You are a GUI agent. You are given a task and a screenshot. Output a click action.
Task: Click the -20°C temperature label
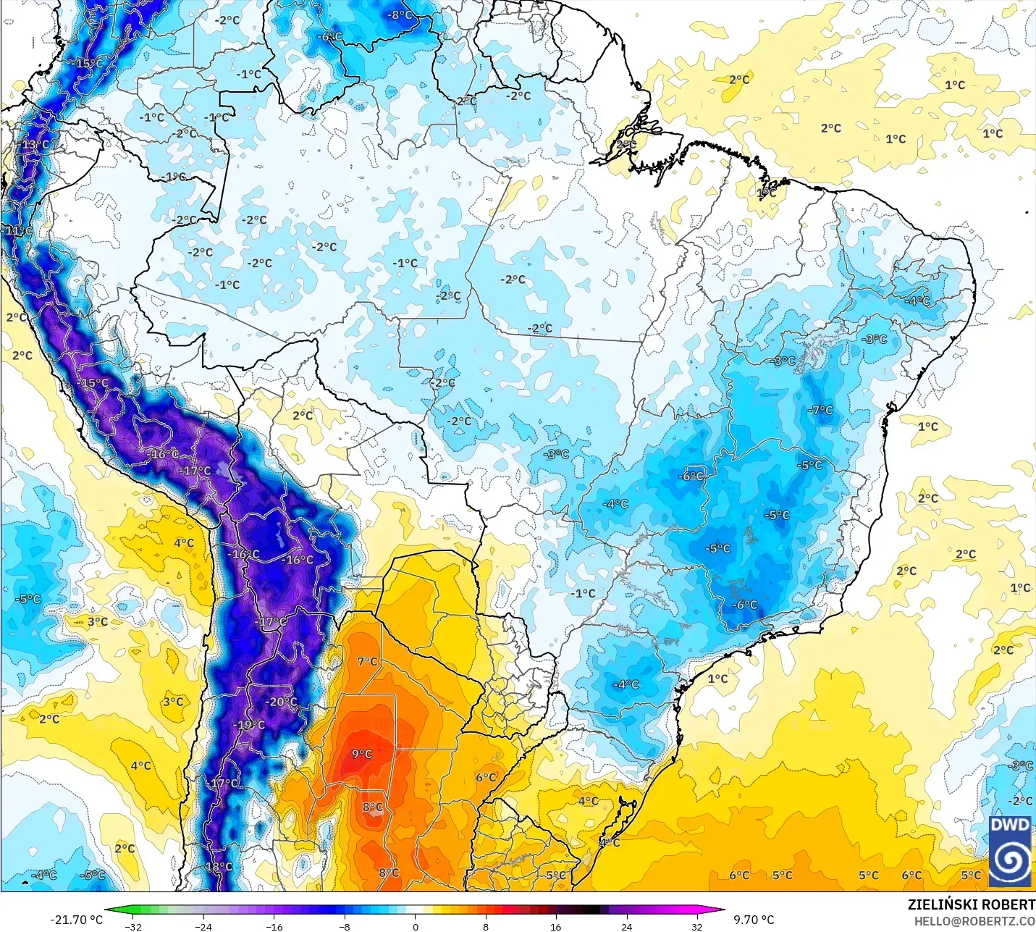click(282, 702)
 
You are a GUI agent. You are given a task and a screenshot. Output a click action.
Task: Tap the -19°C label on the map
click(249, 725)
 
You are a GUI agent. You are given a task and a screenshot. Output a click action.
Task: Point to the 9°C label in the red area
click(362, 754)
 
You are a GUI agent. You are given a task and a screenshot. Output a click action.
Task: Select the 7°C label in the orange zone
click(367, 661)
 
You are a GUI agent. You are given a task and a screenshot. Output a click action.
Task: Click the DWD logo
click(1010, 850)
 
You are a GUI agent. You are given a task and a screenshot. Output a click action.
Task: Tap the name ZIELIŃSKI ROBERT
click(972, 904)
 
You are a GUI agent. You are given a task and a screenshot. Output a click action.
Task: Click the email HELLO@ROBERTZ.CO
click(974, 921)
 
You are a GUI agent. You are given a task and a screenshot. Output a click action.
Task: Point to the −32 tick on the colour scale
click(133, 926)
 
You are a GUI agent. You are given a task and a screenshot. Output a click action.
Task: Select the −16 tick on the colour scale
click(274, 926)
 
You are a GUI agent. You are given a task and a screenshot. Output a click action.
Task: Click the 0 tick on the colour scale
click(416, 926)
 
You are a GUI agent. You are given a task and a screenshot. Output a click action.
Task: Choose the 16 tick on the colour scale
click(555, 926)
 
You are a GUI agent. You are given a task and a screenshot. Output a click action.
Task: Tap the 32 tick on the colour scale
click(696, 926)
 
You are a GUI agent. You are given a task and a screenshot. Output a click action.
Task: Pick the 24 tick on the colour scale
click(626, 926)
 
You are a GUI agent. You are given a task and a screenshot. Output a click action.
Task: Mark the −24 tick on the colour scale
click(203, 926)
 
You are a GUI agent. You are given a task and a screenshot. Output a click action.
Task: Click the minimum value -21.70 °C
click(76, 920)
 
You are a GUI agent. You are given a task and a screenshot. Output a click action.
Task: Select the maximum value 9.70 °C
click(754, 920)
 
